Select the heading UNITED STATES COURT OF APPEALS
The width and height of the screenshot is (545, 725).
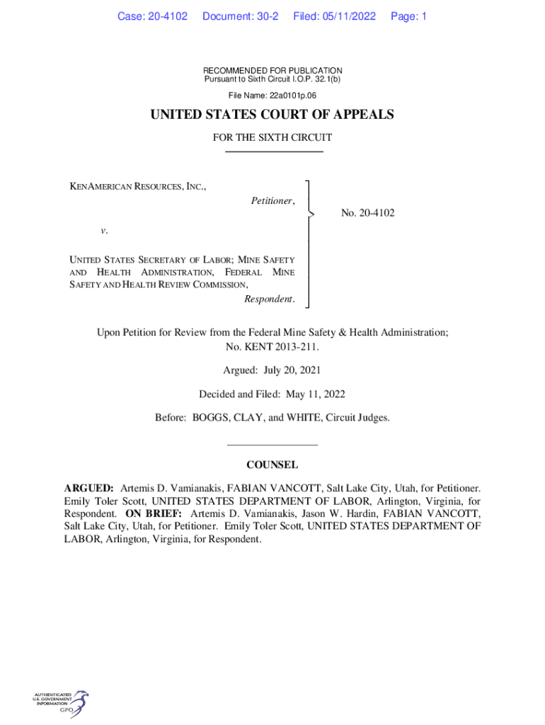[272, 115]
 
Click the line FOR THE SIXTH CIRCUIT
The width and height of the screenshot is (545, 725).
[272, 137]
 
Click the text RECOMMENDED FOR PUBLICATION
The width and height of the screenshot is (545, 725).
[272, 71]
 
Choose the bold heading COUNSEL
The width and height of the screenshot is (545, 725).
[272, 465]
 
